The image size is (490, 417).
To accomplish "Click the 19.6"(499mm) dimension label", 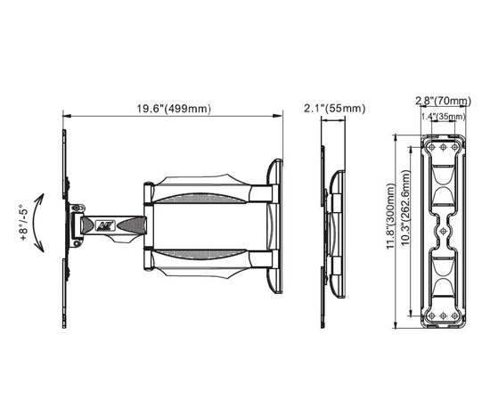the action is tap(174, 109).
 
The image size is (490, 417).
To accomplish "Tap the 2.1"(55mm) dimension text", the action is tap(335, 109).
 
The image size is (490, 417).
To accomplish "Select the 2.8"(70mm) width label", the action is tap(443, 101).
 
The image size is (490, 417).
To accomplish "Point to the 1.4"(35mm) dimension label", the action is tap(444, 117).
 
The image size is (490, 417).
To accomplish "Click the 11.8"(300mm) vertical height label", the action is tap(390, 217).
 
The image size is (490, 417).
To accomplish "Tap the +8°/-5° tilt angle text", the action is tap(24, 223).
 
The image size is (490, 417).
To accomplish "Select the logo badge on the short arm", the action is tap(106, 225).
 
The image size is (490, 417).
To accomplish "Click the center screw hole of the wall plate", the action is tap(443, 231).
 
